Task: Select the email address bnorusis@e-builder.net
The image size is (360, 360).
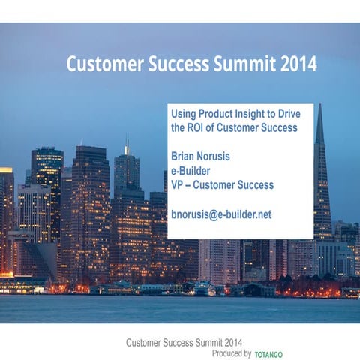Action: [221, 214]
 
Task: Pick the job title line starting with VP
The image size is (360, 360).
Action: [222, 185]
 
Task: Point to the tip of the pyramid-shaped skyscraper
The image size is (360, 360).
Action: [319, 106]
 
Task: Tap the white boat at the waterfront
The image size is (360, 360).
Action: [202, 288]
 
